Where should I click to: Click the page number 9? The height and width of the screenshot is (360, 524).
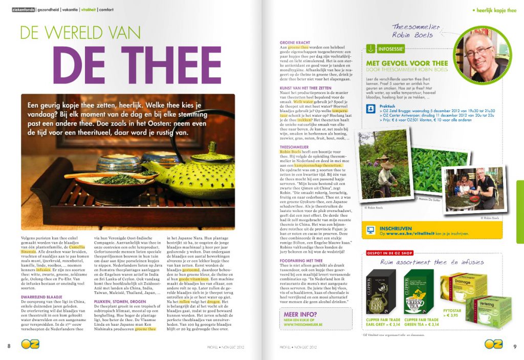pos(515,346)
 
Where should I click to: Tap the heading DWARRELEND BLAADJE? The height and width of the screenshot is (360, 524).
pos(42,297)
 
